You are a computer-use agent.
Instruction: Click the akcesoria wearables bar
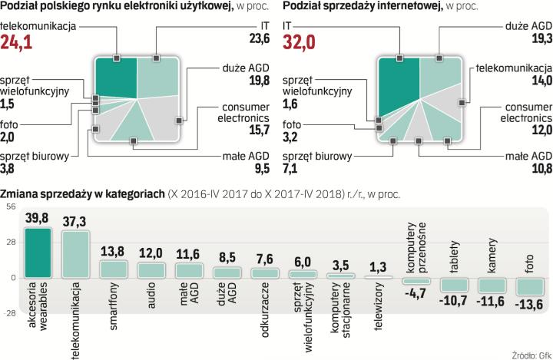tap(39, 253)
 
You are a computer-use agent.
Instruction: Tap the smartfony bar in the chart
tap(114, 269)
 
